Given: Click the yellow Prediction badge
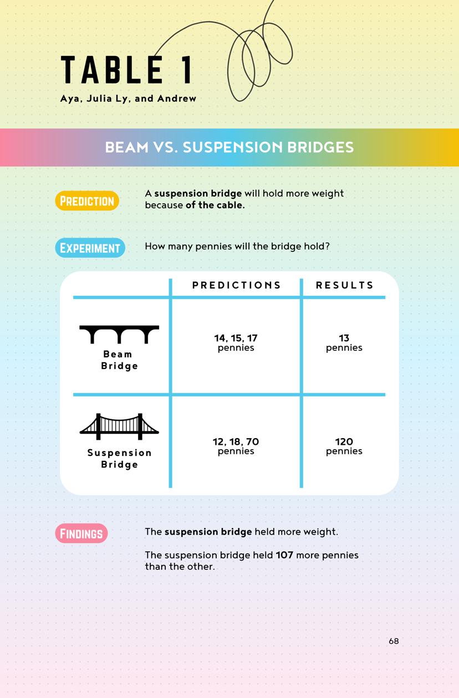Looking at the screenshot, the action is [x=87, y=201].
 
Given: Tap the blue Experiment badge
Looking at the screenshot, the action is [x=90, y=248].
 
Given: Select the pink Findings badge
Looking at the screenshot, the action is [x=81, y=533].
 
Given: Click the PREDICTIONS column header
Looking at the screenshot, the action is [x=237, y=285].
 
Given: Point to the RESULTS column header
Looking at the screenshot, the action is [x=345, y=285].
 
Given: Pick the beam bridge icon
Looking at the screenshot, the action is [x=119, y=335].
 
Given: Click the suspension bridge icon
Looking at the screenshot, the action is [x=119, y=427].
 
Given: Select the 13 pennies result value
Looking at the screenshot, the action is [x=344, y=342].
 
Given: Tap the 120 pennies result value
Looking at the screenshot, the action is [x=344, y=446].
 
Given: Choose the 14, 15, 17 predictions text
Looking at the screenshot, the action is [x=236, y=338].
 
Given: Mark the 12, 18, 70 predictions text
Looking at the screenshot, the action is [x=236, y=442].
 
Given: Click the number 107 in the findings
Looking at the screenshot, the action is [x=284, y=555].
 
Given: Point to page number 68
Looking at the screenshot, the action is [x=394, y=641].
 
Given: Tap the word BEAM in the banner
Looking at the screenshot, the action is [x=127, y=147].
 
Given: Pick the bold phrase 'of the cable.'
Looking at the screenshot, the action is [x=215, y=205].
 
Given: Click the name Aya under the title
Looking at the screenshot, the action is [x=70, y=99].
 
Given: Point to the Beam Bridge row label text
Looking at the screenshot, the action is [x=119, y=360].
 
